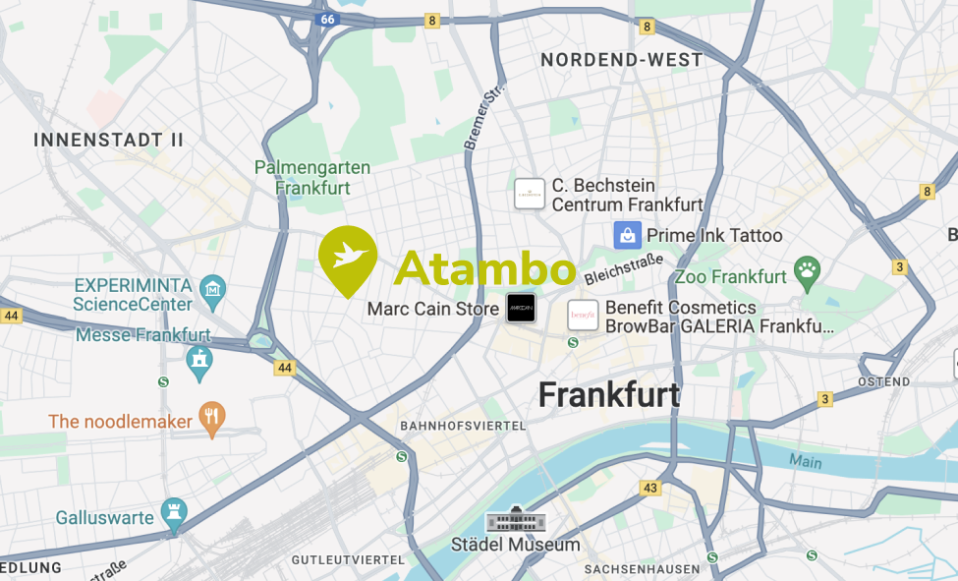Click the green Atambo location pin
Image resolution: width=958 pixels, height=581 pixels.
[x=348, y=257]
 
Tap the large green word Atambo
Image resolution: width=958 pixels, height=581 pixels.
[x=484, y=267]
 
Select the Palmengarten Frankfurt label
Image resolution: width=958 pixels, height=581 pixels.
[x=312, y=178]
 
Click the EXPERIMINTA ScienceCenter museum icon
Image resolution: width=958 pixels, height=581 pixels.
[x=212, y=289]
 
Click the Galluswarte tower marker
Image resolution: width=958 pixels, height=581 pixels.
[x=175, y=513]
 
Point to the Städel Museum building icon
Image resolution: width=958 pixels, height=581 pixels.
[x=516, y=519]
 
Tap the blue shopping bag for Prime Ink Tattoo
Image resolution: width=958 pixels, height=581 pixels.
[x=628, y=235]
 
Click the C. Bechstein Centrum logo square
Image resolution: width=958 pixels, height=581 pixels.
[x=530, y=194]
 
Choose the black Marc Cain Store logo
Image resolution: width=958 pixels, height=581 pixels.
[x=521, y=309]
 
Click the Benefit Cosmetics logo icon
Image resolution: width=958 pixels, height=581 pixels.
[x=583, y=315]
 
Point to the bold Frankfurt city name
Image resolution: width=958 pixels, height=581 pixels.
[x=609, y=395]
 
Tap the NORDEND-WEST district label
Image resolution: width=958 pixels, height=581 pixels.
[x=622, y=60]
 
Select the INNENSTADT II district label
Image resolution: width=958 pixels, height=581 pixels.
[x=108, y=140]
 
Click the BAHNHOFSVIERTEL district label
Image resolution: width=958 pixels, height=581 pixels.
[x=463, y=426]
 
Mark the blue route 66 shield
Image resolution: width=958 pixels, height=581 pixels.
[x=326, y=20]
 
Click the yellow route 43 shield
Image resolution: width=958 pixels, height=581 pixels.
[x=650, y=488]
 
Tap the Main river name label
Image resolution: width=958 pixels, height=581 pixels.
[x=806, y=460]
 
